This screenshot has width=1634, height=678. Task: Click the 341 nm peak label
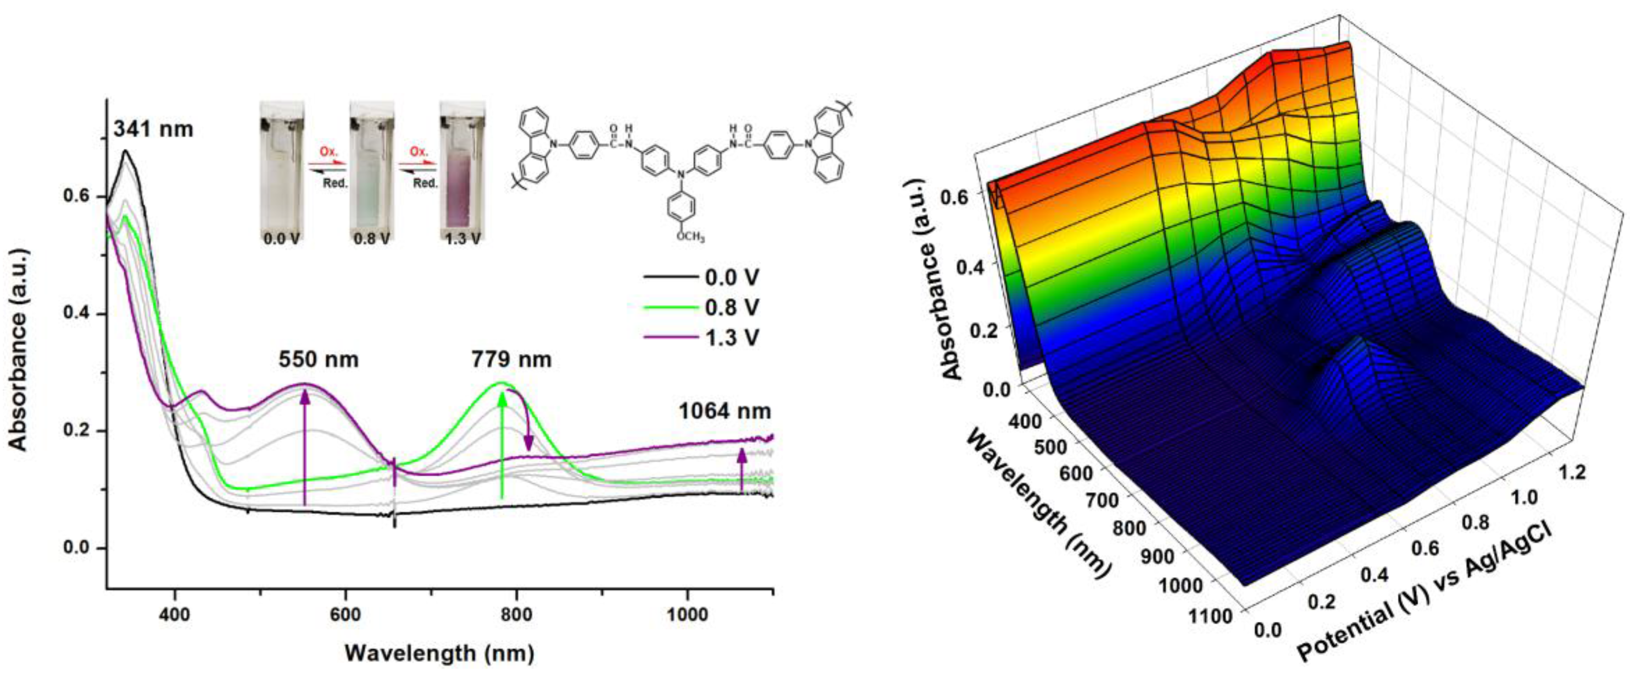(153, 129)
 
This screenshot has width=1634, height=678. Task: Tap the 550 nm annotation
(318, 359)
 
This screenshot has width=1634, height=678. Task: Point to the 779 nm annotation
(511, 359)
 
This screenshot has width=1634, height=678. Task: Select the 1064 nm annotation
(724, 412)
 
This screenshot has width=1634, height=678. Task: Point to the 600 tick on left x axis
(346, 614)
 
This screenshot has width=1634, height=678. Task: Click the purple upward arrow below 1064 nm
(741, 469)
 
